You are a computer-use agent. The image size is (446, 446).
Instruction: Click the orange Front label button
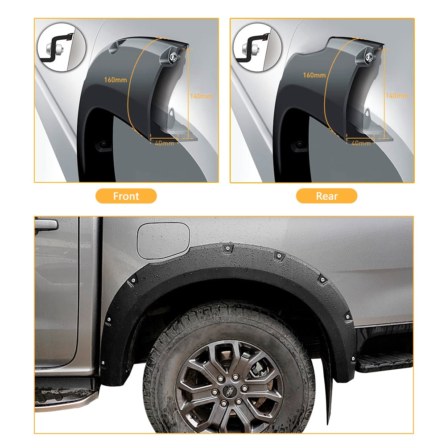(x=126, y=196)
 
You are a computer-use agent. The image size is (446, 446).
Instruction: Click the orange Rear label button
(x=326, y=196)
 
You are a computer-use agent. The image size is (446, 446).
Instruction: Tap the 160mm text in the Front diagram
(x=115, y=80)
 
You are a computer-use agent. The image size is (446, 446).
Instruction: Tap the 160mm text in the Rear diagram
(x=314, y=75)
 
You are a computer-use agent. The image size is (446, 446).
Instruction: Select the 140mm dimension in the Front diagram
(x=201, y=96)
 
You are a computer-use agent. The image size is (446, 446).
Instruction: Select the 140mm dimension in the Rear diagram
(x=397, y=95)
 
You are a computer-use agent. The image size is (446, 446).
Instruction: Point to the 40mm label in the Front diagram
(x=164, y=143)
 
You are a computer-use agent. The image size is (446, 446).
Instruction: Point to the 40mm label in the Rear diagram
(x=361, y=143)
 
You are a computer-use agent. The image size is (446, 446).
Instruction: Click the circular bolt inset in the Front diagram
(x=62, y=47)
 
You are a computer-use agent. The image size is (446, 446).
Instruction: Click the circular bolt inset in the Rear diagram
(x=257, y=47)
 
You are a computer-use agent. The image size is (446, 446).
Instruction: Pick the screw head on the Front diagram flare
(x=173, y=57)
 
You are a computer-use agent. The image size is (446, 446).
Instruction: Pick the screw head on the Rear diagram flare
(x=369, y=57)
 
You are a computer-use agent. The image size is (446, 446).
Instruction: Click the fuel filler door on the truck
(x=163, y=240)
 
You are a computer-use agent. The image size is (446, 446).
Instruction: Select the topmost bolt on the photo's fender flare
(x=227, y=249)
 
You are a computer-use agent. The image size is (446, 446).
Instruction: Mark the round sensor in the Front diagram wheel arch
(x=103, y=144)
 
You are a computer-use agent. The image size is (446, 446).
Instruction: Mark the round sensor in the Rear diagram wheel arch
(x=299, y=145)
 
